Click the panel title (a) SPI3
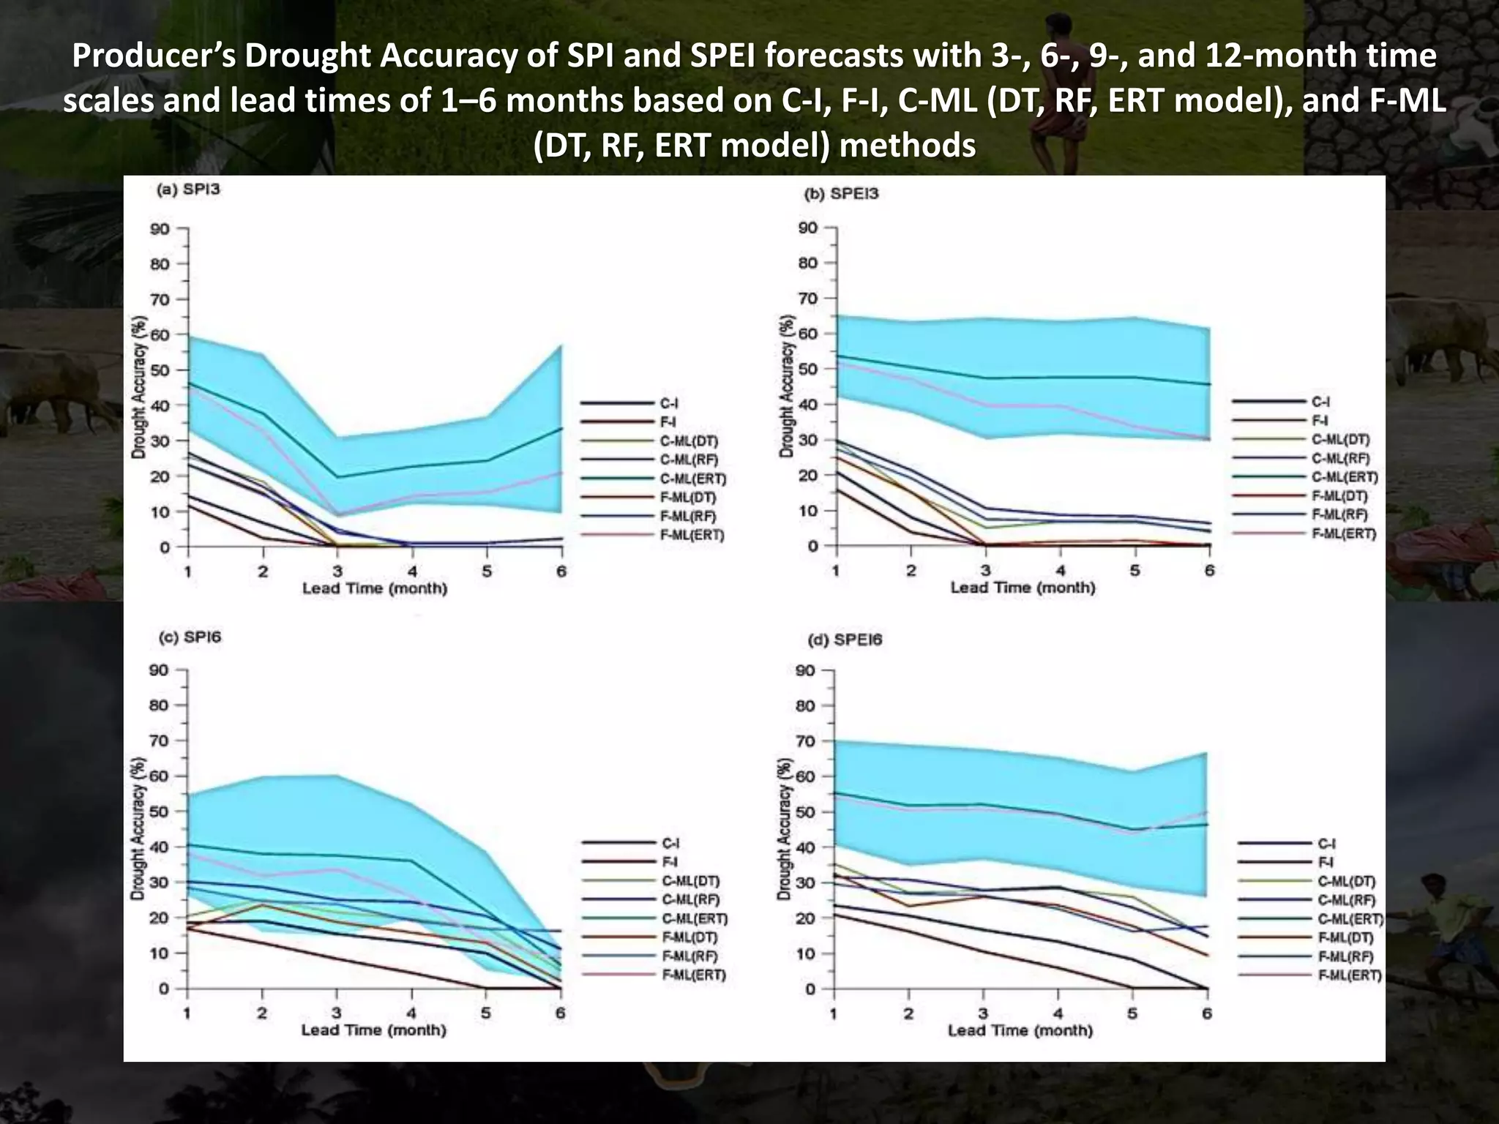point(188,190)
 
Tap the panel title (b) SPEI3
point(841,195)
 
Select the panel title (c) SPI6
point(190,637)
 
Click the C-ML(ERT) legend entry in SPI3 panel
point(692,479)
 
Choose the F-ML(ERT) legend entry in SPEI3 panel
point(1343,533)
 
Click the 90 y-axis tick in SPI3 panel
point(160,229)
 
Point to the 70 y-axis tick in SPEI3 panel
point(807,299)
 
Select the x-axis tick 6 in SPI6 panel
point(561,1014)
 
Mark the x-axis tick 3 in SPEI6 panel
point(983,1014)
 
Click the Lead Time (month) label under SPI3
point(375,588)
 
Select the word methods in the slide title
point(907,146)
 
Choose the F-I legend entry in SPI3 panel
point(667,422)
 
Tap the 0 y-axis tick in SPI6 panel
point(164,989)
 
